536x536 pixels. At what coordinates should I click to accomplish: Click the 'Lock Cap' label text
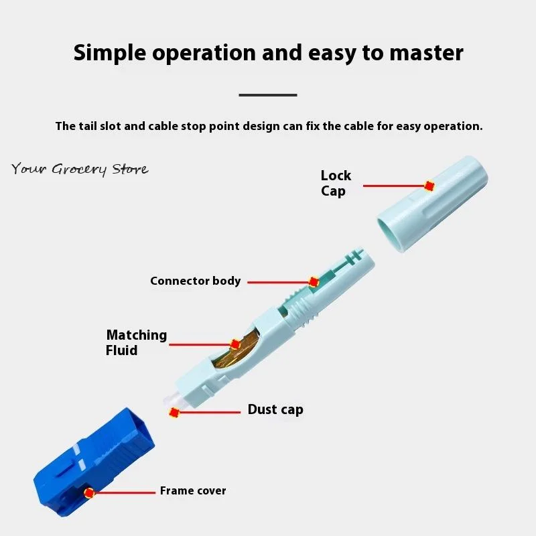pyautogui.click(x=335, y=183)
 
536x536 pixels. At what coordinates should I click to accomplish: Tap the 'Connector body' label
pyautogui.click(x=195, y=281)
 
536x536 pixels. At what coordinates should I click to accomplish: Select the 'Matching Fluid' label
pyautogui.click(x=136, y=342)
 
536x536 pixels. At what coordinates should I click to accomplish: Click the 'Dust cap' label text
pyautogui.click(x=275, y=409)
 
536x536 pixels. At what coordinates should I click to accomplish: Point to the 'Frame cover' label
pyautogui.click(x=193, y=491)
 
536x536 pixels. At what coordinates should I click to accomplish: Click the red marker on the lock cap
pyautogui.click(x=429, y=186)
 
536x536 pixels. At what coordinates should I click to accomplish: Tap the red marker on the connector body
pyautogui.click(x=313, y=282)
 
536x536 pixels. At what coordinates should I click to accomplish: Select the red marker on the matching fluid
pyautogui.click(x=235, y=344)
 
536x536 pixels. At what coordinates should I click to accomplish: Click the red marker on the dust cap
pyautogui.click(x=175, y=413)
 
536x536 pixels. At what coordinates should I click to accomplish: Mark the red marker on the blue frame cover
pyautogui.click(x=89, y=493)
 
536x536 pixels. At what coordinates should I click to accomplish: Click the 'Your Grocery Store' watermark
pyautogui.click(x=80, y=169)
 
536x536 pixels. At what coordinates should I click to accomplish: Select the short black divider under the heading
pyautogui.click(x=268, y=95)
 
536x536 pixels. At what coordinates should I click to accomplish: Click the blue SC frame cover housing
pyautogui.click(x=94, y=462)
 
